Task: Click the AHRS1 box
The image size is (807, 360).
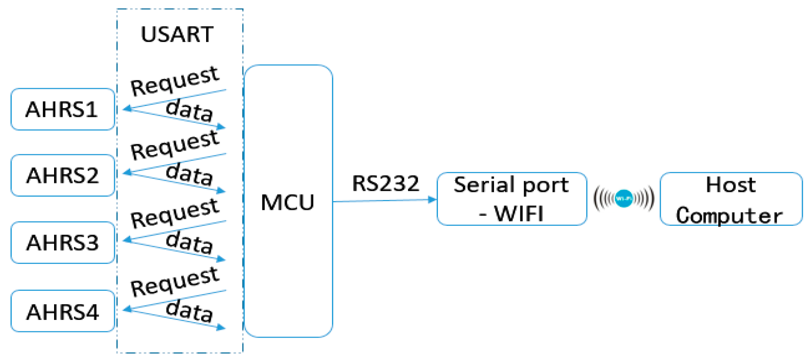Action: point(62,109)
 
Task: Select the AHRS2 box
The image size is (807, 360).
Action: point(62,175)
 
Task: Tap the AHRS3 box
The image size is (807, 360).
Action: point(62,242)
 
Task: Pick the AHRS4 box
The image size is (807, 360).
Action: point(62,312)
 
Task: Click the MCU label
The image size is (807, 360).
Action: point(287,202)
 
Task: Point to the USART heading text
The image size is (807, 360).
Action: point(177,34)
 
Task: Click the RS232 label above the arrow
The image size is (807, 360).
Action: point(385,184)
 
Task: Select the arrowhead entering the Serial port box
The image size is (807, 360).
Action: point(432,199)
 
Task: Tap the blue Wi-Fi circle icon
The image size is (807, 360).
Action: point(624,199)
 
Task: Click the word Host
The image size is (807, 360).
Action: point(731,185)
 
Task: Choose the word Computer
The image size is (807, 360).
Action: point(729,216)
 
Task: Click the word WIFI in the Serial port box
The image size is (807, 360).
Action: point(519,214)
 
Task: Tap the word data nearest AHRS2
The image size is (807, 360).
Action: point(189,174)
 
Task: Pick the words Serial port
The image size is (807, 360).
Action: point(511,185)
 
